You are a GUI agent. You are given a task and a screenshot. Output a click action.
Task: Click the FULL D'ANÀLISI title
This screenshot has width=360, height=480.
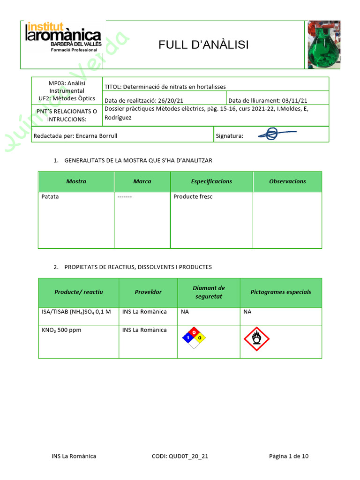203,45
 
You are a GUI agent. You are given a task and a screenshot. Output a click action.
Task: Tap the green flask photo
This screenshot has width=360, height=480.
323,45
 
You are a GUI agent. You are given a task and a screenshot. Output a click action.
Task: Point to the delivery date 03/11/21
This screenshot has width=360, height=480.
268,100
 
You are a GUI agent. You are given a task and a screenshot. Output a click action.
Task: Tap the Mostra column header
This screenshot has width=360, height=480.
76,181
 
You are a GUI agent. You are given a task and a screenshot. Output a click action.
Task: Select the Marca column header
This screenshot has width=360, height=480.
142,181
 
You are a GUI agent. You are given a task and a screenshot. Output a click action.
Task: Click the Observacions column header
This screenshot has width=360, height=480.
287,181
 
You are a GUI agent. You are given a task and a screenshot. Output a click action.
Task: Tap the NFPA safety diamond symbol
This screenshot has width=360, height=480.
194,337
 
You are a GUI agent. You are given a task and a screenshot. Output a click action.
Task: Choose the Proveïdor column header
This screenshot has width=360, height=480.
148,292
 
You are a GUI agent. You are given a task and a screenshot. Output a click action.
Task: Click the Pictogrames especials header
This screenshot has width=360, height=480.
280,292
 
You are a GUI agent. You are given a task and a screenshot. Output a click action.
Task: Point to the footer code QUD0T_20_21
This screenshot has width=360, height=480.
180,456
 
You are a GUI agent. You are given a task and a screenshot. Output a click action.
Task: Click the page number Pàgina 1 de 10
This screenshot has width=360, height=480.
289,456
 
